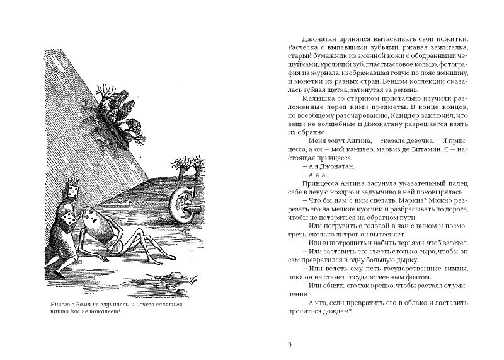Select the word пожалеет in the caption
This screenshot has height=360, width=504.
(103, 315)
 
